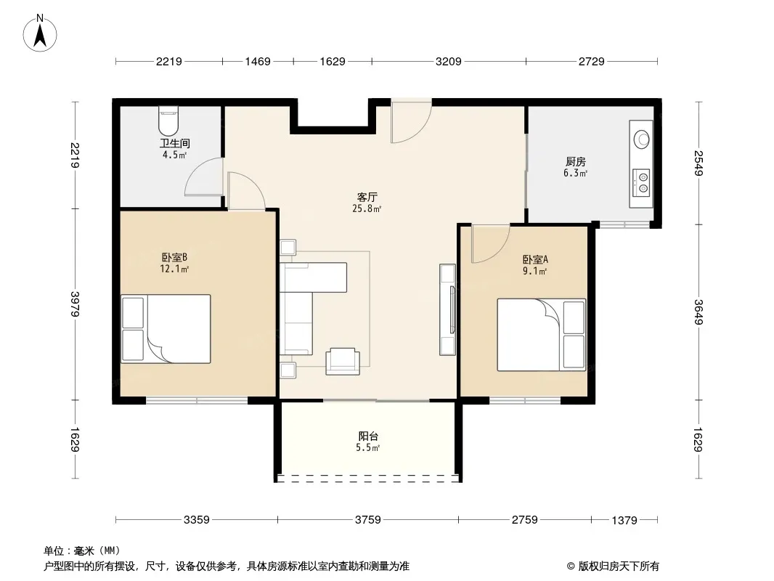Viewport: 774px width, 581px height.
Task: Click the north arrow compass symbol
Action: click(40, 33)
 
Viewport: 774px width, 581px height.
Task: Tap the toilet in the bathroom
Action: click(168, 122)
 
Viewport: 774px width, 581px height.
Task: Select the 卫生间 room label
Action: click(175, 144)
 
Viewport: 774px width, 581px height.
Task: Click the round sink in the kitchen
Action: click(642, 139)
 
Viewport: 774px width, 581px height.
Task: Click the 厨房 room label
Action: click(576, 161)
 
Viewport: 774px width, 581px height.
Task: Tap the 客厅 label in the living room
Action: click(367, 197)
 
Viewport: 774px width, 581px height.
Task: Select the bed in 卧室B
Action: click(166, 329)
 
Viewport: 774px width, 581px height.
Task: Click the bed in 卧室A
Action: click(542, 335)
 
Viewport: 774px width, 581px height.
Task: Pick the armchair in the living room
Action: click(343, 361)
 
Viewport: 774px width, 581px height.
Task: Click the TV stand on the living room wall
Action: click(448, 309)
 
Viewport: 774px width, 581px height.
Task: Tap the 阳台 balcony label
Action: click(368, 436)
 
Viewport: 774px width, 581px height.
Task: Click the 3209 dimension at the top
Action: click(449, 61)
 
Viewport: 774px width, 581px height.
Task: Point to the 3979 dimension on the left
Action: click(75, 304)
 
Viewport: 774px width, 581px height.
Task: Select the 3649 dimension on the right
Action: click(698, 312)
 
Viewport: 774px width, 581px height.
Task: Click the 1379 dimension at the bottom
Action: click(624, 520)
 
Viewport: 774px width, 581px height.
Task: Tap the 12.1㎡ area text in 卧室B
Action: click(174, 269)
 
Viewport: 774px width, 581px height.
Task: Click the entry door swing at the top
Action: click(412, 121)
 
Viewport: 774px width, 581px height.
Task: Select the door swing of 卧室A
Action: click(491, 243)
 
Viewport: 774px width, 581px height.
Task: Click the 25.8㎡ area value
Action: click(367, 208)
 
